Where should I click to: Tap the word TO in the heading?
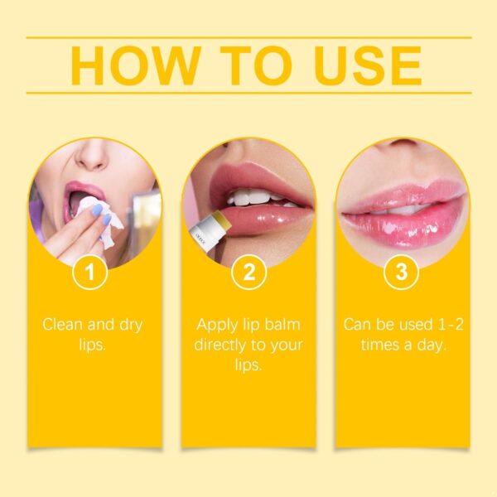(x=256, y=65)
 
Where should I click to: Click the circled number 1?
(x=95, y=273)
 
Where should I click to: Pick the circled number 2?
(x=248, y=273)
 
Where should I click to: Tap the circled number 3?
(x=402, y=273)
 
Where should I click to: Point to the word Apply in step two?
(x=216, y=324)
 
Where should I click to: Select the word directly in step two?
(x=223, y=344)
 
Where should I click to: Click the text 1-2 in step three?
(x=446, y=324)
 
